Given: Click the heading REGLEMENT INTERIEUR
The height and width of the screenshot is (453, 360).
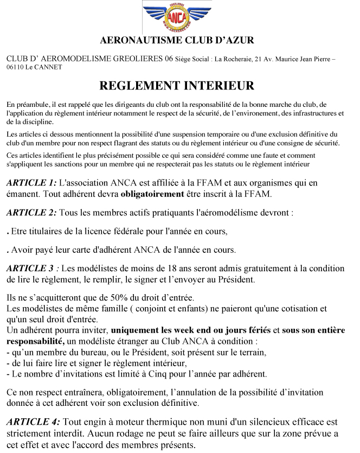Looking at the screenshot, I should tap(177, 86).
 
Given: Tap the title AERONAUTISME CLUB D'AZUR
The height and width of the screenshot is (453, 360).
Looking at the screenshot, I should tap(177, 40).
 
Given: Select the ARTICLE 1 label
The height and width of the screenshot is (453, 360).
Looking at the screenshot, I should tap(31, 183).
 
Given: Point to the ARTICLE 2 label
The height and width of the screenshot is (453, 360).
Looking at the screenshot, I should tap(31, 213).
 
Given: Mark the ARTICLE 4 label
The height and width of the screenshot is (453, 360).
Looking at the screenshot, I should tap(31, 422).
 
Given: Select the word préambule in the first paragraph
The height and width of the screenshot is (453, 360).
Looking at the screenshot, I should tap(34, 104).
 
